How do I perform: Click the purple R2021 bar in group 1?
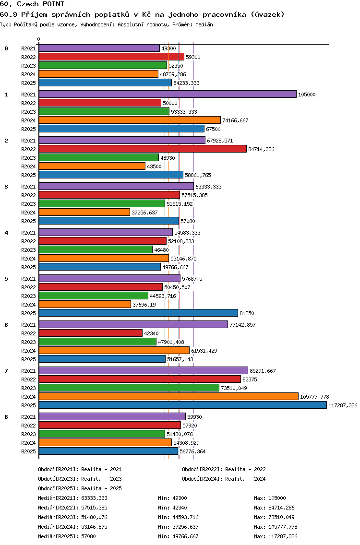click(168, 94)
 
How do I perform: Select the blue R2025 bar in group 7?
click(183, 405)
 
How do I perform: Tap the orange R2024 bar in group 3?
click(84, 212)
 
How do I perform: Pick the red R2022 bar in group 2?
click(143, 149)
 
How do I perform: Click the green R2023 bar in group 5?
click(94, 296)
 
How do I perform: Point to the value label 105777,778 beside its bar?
click(314, 397)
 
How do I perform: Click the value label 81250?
click(247, 313)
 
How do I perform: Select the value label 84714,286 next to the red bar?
click(261, 149)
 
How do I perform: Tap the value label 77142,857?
click(242, 325)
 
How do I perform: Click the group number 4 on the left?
click(6, 233)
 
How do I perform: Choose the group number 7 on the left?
click(6, 371)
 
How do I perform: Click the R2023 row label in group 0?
click(28, 66)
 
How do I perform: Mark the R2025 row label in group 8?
click(28, 451)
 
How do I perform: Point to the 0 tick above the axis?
click(38, 39)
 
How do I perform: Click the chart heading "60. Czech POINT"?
click(32, 4)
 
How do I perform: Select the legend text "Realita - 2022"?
click(246, 469)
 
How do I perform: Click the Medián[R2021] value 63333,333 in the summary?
click(94, 498)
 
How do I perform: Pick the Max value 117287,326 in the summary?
click(283, 536)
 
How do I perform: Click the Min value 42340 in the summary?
click(180, 508)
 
